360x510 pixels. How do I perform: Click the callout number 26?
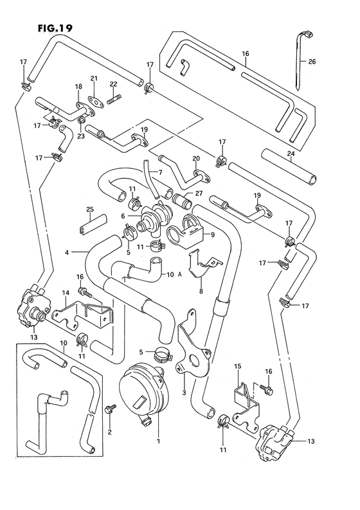312,62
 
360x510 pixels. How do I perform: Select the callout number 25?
90,210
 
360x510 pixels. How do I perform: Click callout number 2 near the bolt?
110,433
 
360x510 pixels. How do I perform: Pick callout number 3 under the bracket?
184,392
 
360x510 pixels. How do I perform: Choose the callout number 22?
113,84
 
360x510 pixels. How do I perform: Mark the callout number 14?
65,294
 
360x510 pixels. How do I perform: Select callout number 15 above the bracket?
237,366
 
